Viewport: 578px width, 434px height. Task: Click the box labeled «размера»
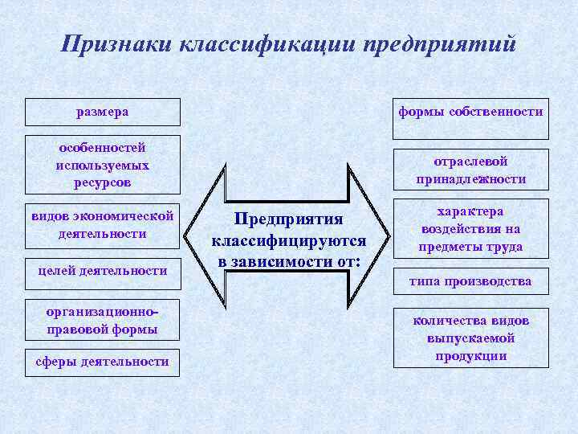tap(102, 113)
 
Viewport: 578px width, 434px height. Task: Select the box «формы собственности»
tap(470, 112)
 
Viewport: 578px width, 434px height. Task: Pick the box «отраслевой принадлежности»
tap(470, 170)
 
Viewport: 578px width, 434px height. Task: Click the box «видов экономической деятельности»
tap(102, 225)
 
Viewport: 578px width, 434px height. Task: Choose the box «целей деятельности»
tap(102, 271)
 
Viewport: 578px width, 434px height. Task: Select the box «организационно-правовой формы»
tap(102, 321)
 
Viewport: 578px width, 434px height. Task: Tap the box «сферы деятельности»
tap(102, 362)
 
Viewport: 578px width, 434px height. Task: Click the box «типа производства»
tap(470, 281)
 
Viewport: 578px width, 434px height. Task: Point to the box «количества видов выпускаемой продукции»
tap(470, 338)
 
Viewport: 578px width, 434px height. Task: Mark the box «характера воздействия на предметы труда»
tap(470, 229)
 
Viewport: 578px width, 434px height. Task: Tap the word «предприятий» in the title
tap(439, 43)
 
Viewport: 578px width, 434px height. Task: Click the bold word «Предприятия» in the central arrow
tap(288, 219)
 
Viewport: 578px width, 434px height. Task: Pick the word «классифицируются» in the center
tap(288, 240)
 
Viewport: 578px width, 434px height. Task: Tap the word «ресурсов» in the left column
tap(102, 182)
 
